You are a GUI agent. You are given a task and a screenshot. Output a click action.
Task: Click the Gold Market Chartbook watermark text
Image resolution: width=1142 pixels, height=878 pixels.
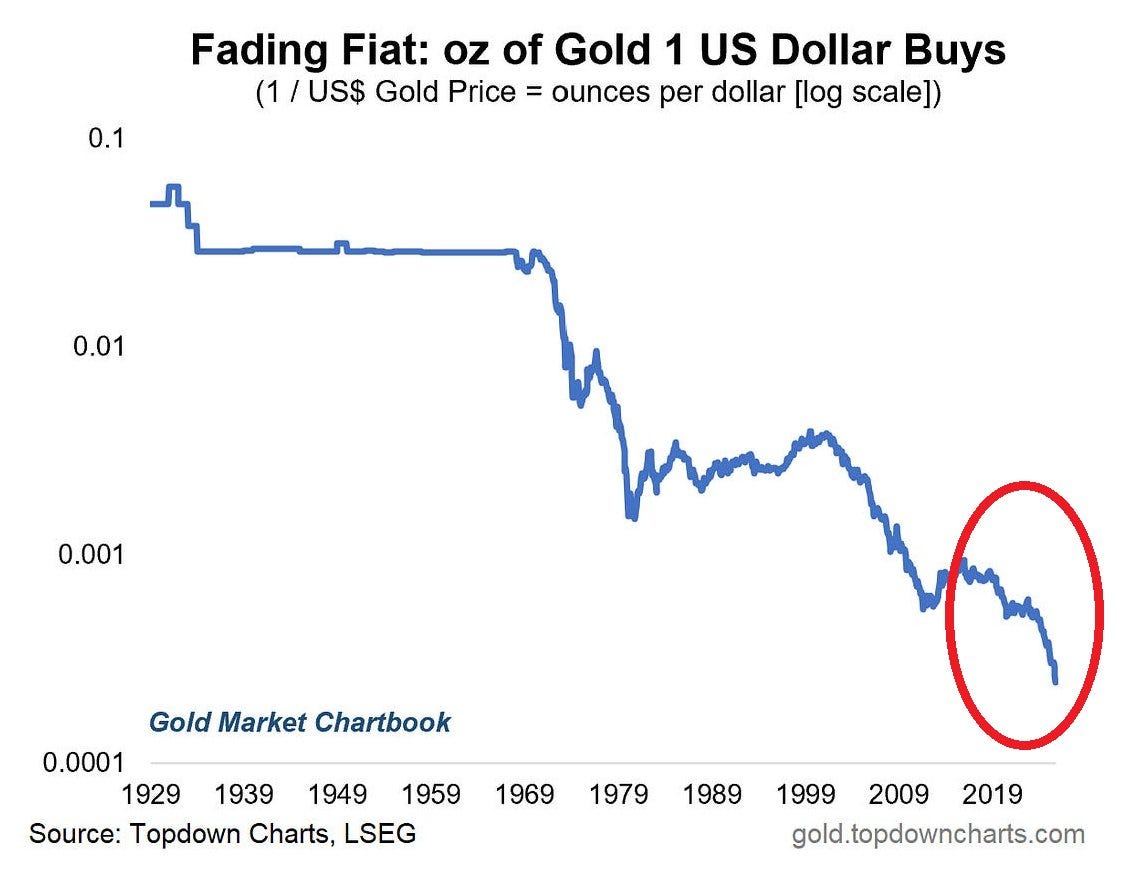click(300, 721)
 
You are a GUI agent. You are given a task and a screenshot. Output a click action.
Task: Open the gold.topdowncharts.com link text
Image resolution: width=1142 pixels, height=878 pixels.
click(938, 833)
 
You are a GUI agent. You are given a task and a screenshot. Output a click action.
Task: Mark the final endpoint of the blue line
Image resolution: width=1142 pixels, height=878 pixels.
click(1055, 682)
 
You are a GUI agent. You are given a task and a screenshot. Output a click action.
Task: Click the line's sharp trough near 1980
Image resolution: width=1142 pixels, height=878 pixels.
click(632, 516)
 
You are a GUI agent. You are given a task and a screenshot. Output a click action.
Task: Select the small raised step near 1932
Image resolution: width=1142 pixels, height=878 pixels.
click(174, 187)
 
